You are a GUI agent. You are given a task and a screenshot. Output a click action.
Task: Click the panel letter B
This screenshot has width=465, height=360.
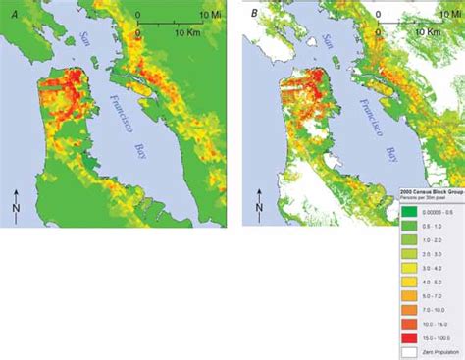click(254, 14)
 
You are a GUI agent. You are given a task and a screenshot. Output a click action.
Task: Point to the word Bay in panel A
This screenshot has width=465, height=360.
click(139, 153)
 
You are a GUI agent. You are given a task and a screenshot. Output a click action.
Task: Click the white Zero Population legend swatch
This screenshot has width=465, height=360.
click(409, 349)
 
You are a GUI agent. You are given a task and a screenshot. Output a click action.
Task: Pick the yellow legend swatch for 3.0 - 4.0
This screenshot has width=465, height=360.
click(409, 264)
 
